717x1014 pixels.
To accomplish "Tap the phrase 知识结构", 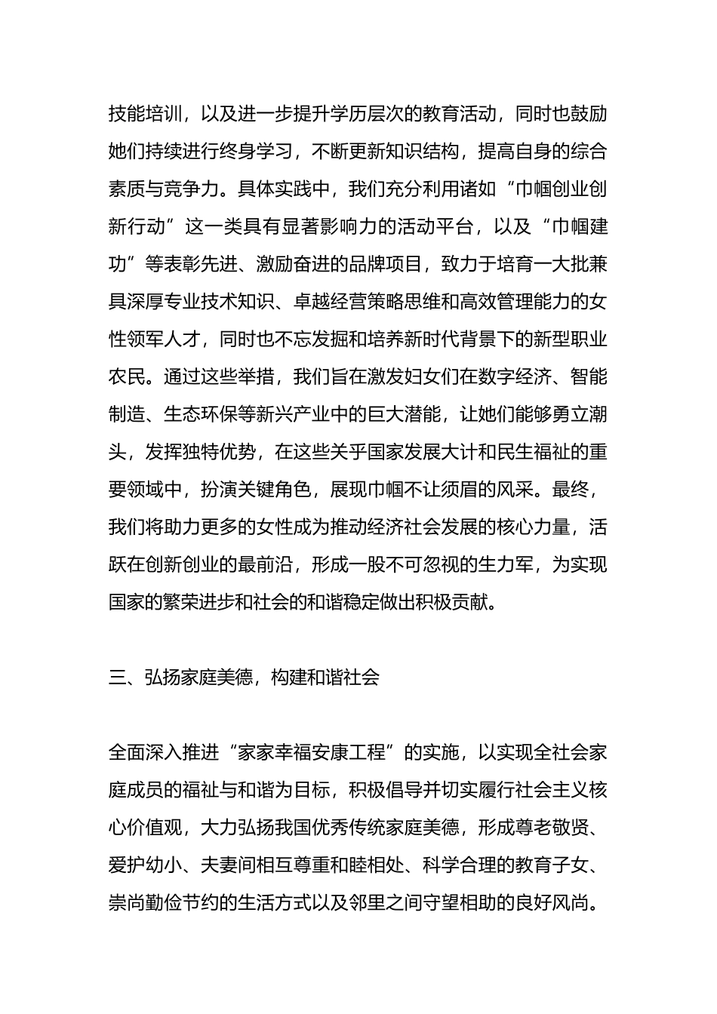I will (x=421, y=152).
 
